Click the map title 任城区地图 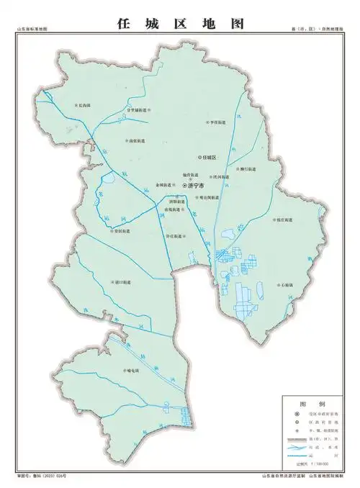[x=180, y=24]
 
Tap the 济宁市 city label [x=196, y=186]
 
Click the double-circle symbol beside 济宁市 [x=184, y=186]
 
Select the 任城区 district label [x=210, y=157]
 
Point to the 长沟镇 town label [x=84, y=106]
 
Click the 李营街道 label [x=217, y=123]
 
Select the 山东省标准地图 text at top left [x=32, y=30]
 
